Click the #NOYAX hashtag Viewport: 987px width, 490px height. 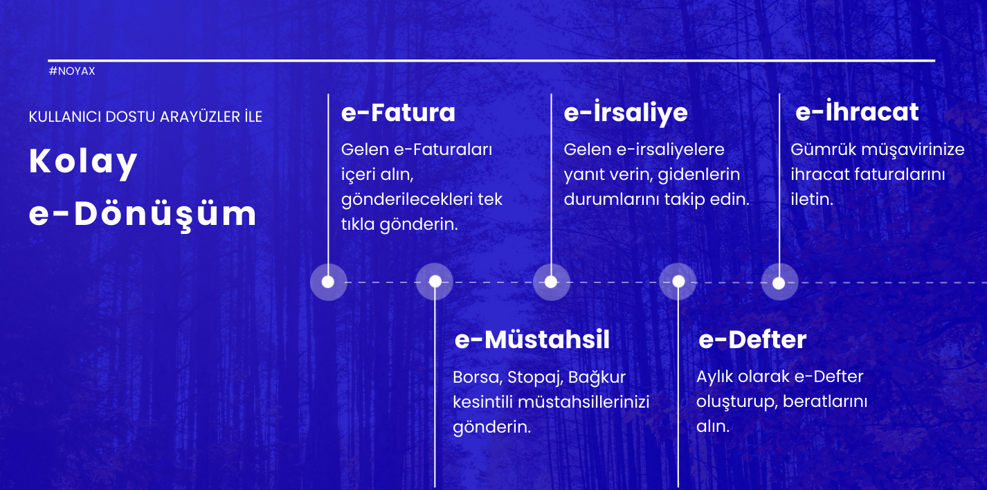click(x=72, y=71)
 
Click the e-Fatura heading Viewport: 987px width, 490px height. click(x=398, y=113)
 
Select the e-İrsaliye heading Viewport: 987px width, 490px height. click(x=626, y=112)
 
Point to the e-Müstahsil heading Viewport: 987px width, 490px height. click(x=532, y=340)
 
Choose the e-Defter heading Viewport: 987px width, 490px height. click(x=752, y=340)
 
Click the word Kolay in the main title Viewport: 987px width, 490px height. click(x=83, y=163)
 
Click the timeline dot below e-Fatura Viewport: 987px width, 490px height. click(x=328, y=282)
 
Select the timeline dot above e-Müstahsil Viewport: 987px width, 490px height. click(x=435, y=281)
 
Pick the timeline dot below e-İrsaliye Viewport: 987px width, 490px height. click(x=551, y=282)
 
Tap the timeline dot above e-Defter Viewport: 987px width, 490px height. click(x=678, y=281)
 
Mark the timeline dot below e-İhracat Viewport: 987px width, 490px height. click(x=779, y=283)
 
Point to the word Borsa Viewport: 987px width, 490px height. click(x=478, y=378)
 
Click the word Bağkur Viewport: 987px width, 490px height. click(x=597, y=378)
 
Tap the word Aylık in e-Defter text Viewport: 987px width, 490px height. click(x=715, y=377)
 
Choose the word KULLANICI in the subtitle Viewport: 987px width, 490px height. click(x=65, y=117)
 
